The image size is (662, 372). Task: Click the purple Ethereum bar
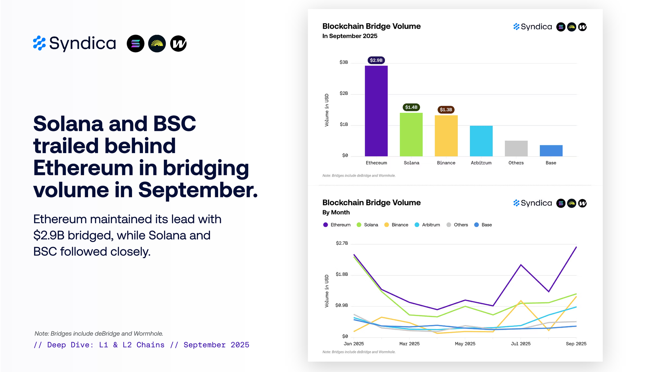tap(376, 111)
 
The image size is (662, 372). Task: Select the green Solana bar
tap(411, 135)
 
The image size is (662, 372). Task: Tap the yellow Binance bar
tap(446, 136)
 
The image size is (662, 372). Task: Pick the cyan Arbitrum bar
tap(481, 141)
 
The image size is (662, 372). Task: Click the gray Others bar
tap(516, 148)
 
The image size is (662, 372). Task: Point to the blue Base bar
tap(551, 150)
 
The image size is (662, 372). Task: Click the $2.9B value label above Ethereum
tap(376, 60)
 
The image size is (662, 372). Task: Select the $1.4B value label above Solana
tap(411, 107)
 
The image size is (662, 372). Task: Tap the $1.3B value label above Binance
tap(446, 109)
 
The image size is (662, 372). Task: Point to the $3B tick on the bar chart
tap(344, 62)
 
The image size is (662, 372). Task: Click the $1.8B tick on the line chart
tap(342, 274)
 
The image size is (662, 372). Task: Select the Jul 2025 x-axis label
tap(521, 344)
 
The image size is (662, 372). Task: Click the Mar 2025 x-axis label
tap(409, 344)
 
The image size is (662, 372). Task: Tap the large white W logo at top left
tap(178, 44)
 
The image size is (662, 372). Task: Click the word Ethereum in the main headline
tap(83, 168)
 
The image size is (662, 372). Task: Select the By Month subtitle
tap(336, 212)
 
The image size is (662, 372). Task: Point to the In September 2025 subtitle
tap(350, 36)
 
